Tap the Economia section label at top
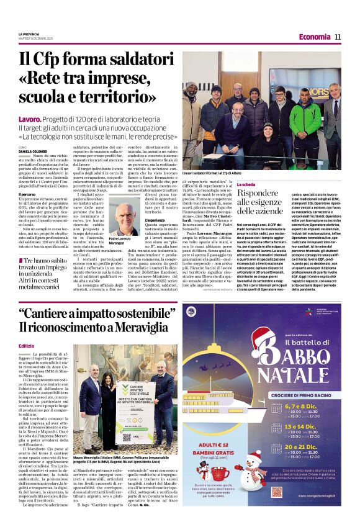(x=314, y=37)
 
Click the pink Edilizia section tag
(x=27, y=346)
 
